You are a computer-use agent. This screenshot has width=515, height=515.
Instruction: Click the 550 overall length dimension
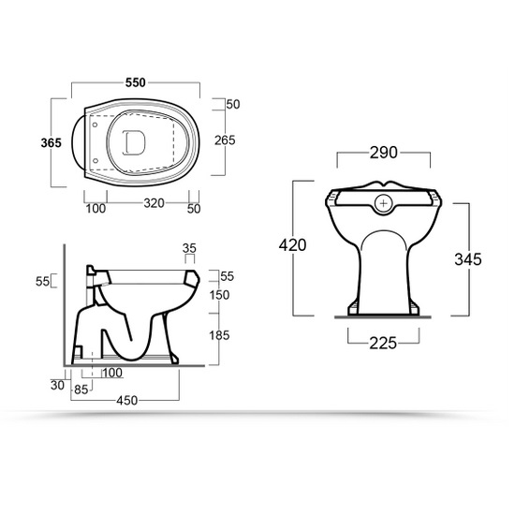point(136,82)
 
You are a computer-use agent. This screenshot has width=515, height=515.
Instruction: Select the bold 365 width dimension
point(51,142)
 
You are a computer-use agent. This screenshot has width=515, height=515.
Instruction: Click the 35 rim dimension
point(190,249)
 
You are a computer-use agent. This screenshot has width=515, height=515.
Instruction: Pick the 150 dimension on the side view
point(219,295)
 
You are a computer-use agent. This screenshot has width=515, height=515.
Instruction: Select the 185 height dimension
point(219,334)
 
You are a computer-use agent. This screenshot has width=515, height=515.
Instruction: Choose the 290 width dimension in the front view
point(383,154)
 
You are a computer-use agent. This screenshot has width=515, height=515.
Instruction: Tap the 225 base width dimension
point(382,345)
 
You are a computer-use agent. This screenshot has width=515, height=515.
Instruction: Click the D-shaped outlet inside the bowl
point(135,141)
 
